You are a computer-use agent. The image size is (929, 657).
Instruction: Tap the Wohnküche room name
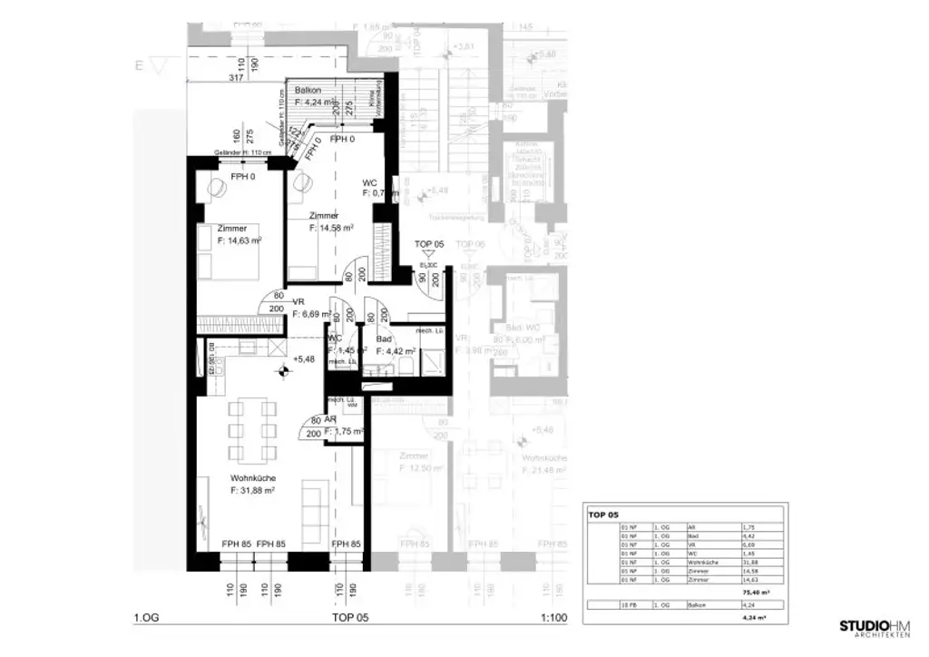(253, 478)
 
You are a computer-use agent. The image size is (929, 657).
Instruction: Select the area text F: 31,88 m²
(253, 491)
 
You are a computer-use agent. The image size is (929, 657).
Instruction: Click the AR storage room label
(331, 419)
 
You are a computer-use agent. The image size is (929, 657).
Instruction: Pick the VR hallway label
(298, 301)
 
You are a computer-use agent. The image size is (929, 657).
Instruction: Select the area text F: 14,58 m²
(331, 229)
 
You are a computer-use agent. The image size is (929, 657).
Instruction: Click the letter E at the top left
(139, 65)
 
